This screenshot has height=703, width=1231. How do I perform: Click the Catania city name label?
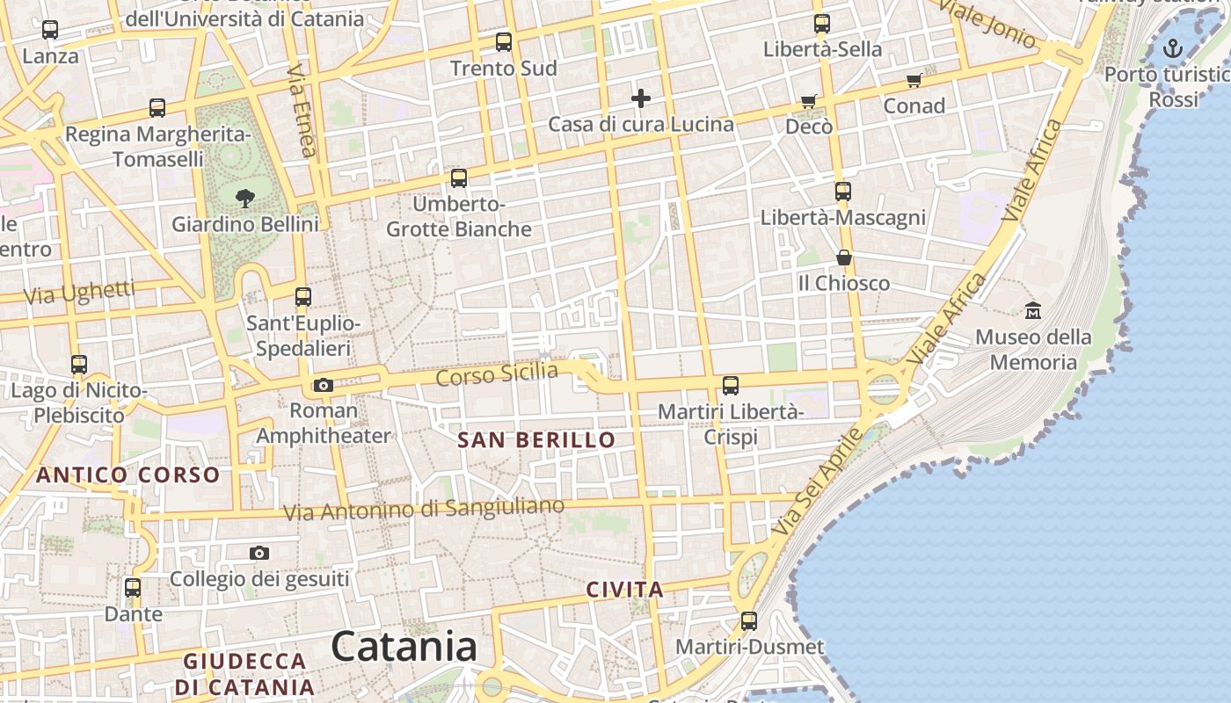pyautogui.click(x=404, y=647)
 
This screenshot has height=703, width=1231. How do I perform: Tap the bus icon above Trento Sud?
pyautogui.click(x=504, y=41)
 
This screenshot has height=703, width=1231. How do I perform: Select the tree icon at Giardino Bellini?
pyautogui.click(x=245, y=198)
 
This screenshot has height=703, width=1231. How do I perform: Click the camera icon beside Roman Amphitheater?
pyautogui.click(x=324, y=385)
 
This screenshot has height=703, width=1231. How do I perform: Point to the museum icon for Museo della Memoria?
pyautogui.click(x=1033, y=310)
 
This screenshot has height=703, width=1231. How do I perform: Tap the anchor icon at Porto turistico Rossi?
pyautogui.click(x=1173, y=48)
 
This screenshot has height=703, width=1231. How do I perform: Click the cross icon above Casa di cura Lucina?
pyautogui.click(x=641, y=98)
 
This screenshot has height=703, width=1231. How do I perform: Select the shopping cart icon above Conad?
pyautogui.click(x=914, y=81)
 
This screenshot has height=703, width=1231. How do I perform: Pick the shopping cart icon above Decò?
pyautogui.click(x=809, y=102)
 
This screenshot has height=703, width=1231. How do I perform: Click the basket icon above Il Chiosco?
pyautogui.click(x=844, y=257)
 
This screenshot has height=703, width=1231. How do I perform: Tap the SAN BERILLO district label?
pyautogui.click(x=536, y=440)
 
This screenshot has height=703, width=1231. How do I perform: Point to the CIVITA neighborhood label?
pyautogui.click(x=624, y=590)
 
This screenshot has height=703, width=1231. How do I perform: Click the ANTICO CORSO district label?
pyautogui.click(x=127, y=475)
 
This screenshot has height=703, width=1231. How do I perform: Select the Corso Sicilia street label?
pyautogui.click(x=497, y=374)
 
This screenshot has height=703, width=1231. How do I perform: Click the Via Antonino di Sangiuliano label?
pyautogui.click(x=424, y=509)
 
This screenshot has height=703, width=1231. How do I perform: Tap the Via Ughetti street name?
pyautogui.click(x=79, y=293)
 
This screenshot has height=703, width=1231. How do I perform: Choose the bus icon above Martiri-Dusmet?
pyautogui.click(x=749, y=621)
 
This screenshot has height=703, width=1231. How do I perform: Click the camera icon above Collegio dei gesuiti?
pyautogui.click(x=259, y=553)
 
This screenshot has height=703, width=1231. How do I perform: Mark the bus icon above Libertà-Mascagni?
pyautogui.click(x=843, y=191)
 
